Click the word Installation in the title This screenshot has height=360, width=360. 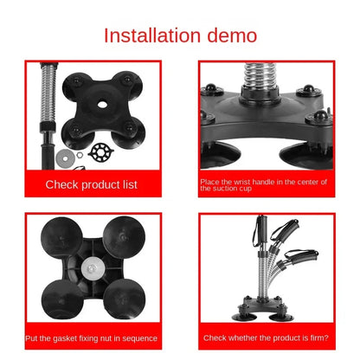(152, 35)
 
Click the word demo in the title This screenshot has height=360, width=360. (232, 35)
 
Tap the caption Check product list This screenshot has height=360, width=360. (91, 184)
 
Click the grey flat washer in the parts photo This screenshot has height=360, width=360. (66, 158)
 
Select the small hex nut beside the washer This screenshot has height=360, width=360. (80, 156)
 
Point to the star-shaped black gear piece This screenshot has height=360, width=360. (100, 151)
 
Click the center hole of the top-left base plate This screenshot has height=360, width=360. (102, 104)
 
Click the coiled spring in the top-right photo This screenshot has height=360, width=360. (260, 74)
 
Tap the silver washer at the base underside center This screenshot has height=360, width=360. (91, 269)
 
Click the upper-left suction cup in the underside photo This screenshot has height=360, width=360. (61, 238)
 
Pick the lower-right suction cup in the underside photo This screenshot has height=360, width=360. (125, 299)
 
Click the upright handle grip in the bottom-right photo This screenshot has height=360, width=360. (261, 230)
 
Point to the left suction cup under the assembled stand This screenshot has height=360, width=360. (244, 318)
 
